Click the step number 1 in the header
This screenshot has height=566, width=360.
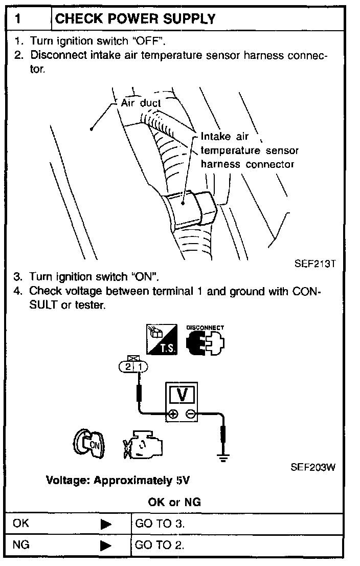[18, 19]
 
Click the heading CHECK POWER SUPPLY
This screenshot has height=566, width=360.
[135, 19]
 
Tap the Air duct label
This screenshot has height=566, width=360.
[141, 103]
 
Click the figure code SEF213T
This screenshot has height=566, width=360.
[314, 265]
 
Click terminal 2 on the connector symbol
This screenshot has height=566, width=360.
[127, 366]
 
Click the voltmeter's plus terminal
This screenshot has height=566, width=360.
[173, 414]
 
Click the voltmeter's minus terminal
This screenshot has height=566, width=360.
[190, 414]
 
